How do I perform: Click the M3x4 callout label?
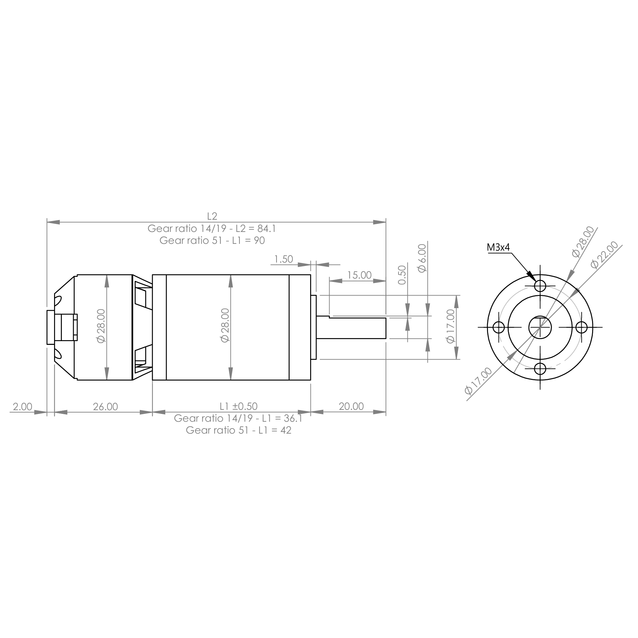tap(498, 248)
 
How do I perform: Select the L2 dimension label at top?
tap(212, 216)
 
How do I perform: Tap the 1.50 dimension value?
tap(283, 259)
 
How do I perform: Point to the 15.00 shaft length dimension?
tap(359, 275)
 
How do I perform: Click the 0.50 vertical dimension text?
tap(402, 275)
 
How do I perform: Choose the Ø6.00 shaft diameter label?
tap(422, 258)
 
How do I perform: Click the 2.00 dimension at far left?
tap(22, 406)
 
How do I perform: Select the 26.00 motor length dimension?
tap(105, 406)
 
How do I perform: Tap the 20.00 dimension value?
tap(351, 406)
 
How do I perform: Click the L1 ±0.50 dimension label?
tap(238, 406)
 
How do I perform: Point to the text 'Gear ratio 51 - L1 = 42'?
tap(238, 430)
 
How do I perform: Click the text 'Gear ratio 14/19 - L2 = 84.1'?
tap(212, 229)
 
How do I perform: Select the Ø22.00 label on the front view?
tap(604, 255)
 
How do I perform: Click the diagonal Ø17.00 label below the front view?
tap(478, 381)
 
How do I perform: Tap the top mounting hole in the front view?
tap(540, 285)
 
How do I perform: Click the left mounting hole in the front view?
tap(498, 327)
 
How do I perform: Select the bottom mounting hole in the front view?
tap(540, 369)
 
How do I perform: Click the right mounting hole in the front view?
tap(582, 327)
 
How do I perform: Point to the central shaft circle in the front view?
tap(540, 327)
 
